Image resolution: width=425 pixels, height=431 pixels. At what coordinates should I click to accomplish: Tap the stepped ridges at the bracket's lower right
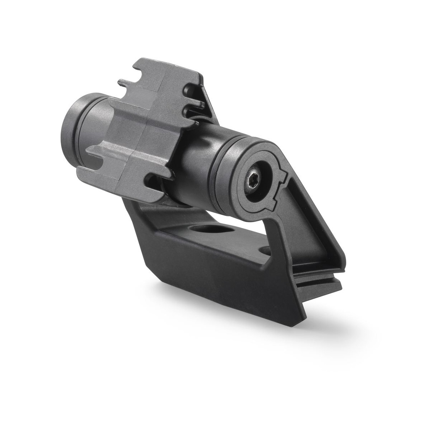coord(319,280)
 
